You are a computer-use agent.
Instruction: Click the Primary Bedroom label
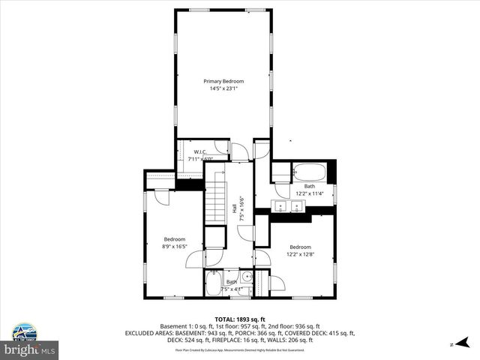pyautogui.click(x=224, y=81)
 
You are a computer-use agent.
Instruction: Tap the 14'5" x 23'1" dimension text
pyautogui.click(x=224, y=88)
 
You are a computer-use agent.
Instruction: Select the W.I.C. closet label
pyautogui.click(x=199, y=152)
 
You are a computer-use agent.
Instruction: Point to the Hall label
pyautogui.click(x=235, y=211)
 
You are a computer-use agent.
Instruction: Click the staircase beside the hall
pyautogui.click(x=216, y=202)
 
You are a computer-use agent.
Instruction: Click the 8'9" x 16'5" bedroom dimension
pyautogui.click(x=174, y=246)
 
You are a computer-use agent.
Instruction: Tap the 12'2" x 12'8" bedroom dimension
pyautogui.click(x=300, y=253)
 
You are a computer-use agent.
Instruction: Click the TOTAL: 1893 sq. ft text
pyautogui.click(x=239, y=319)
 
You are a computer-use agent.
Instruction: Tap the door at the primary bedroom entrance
pyautogui.click(x=241, y=152)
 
